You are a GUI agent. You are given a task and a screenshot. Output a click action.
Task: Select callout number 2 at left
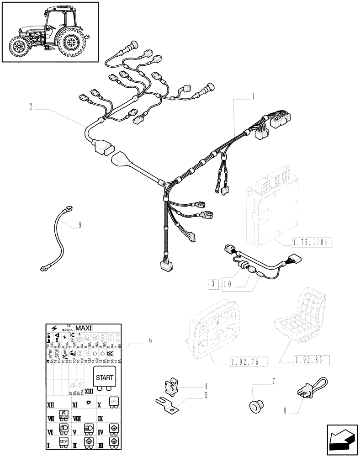coord(30,106)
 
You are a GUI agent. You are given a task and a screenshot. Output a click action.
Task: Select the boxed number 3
coord(213,284)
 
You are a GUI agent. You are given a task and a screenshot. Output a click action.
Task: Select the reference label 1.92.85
coord(302,360)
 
